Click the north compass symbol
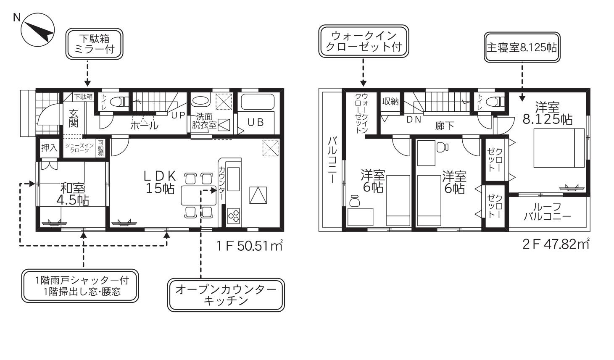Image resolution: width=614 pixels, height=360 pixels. (38, 30)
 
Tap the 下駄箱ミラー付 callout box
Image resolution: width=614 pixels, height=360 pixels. (94, 44)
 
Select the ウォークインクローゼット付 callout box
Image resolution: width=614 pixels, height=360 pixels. (364, 41)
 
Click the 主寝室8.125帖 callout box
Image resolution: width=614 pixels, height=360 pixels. (522, 47)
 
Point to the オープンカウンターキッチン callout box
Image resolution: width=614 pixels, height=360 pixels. (226, 295)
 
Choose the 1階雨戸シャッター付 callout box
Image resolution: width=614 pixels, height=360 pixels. (80, 286)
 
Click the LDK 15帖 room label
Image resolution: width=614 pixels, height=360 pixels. (160, 182)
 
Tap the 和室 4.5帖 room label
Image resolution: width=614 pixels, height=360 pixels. (73, 194)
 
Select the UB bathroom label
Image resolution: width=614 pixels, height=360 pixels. (256, 123)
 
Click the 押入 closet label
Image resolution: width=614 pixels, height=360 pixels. (49, 148)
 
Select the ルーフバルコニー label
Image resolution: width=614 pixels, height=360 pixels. (547, 212)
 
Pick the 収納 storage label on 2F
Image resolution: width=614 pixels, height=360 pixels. (390, 101)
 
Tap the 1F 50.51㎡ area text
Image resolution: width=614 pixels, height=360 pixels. (250, 245)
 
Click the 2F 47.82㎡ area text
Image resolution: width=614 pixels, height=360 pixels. (556, 244)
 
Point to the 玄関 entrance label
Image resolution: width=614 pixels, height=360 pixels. (74, 118)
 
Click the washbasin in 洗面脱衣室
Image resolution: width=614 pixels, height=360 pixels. (200, 100)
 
